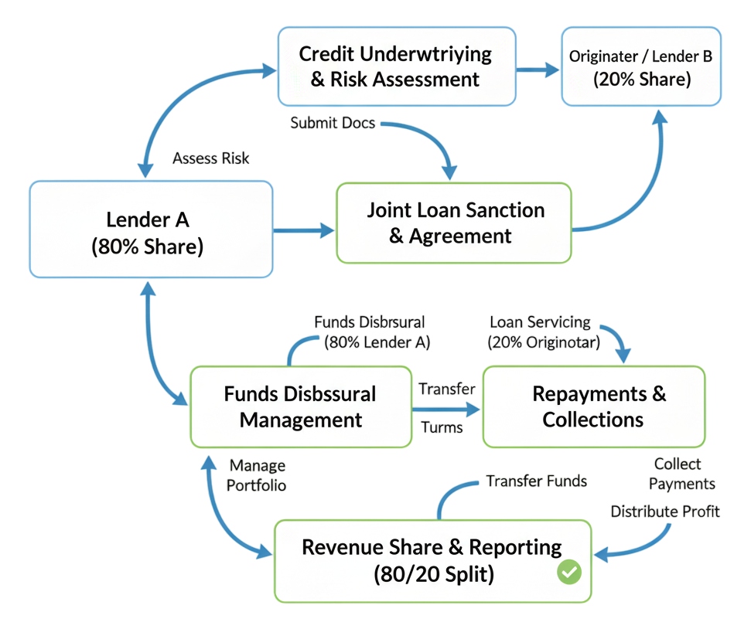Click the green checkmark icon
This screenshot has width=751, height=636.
point(569,573)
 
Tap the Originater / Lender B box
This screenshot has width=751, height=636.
point(641,67)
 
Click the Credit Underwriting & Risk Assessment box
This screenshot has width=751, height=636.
point(396,66)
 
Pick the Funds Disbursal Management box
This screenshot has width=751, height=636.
point(300,406)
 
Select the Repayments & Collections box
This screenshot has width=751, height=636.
point(594,406)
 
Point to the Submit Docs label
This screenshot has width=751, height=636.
point(334,122)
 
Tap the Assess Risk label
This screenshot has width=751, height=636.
point(211,158)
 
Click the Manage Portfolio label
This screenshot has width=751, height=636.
point(258,475)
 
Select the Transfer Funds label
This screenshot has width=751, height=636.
point(536,481)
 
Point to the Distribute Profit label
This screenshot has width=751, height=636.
point(665,511)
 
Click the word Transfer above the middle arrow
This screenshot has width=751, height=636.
point(446,389)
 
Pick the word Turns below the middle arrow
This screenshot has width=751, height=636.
point(442,427)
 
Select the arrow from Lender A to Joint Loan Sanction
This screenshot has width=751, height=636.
point(304,230)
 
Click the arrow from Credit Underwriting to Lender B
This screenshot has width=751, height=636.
point(538,70)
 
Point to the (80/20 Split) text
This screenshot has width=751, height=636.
point(433,575)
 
